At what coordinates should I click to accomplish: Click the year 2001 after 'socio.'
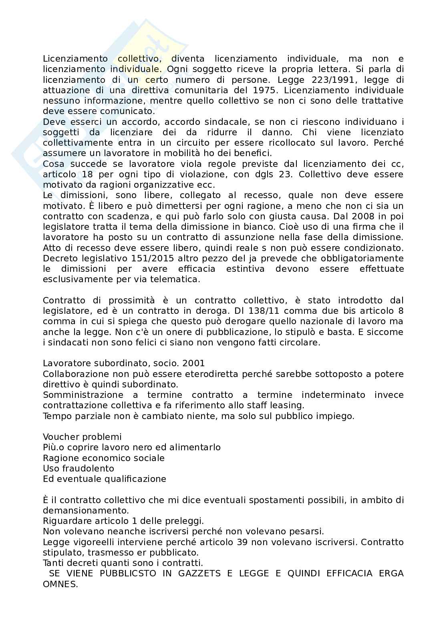[x=193, y=363]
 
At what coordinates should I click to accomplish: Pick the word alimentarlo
[x=196, y=447]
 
